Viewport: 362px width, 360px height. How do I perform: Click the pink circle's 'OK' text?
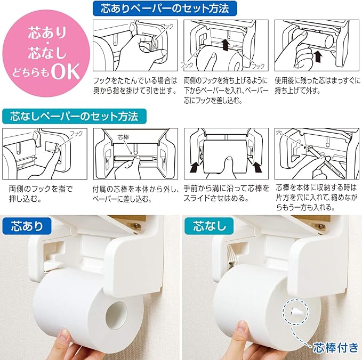[66, 71]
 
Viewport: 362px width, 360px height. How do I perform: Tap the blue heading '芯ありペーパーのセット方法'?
[165, 9]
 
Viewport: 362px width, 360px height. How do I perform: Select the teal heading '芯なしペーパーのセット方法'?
[74, 116]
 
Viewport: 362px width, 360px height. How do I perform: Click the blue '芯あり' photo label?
[27, 226]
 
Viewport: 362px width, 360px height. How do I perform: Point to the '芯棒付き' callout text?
[335, 348]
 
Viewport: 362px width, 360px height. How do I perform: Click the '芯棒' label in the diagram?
[123, 137]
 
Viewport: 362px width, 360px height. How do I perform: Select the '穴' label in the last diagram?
[279, 133]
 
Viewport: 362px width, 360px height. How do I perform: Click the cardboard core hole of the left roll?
[117, 315]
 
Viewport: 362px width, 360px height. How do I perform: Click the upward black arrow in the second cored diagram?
[226, 45]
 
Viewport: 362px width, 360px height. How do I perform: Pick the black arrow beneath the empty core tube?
[318, 56]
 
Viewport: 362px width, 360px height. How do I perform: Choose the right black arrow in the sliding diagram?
[258, 167]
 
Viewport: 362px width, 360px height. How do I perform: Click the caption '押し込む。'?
[26, 199]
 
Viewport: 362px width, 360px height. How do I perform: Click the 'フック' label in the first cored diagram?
[167, 26]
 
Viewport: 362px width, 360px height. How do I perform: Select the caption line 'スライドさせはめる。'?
[216, 198]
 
